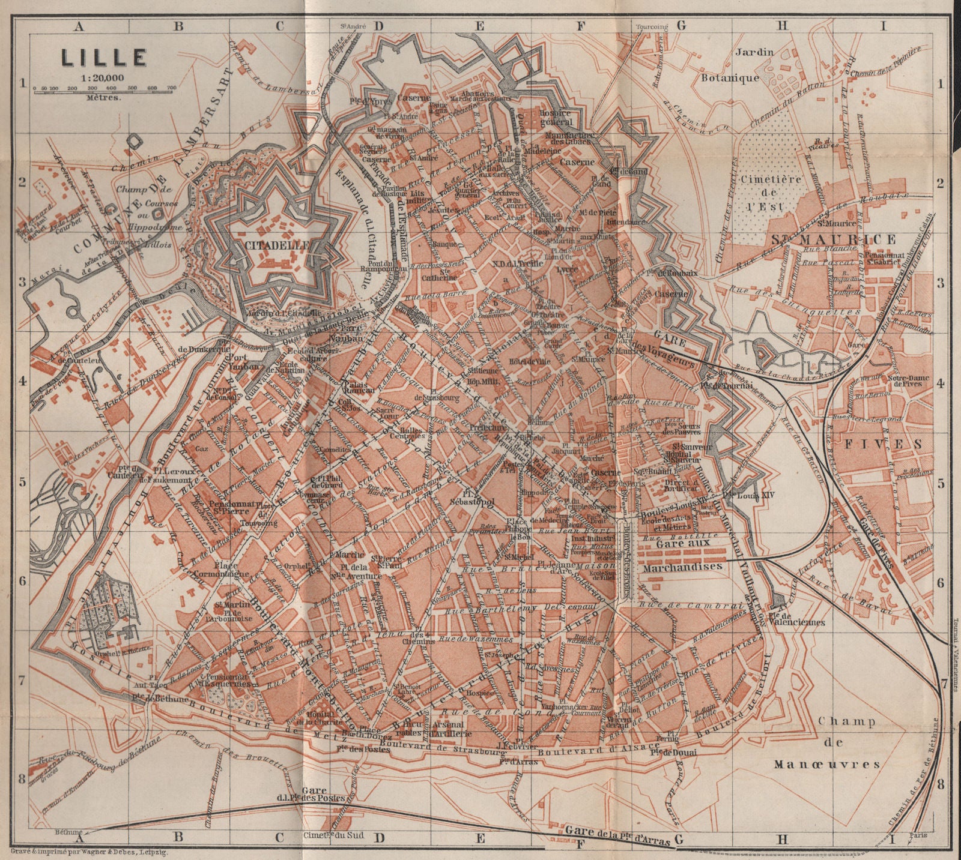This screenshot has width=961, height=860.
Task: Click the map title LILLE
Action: (x=102, y=57)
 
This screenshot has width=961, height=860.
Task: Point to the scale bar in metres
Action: (x=103, y=88)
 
